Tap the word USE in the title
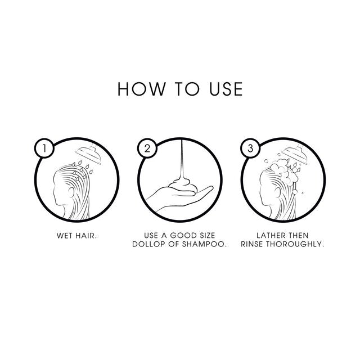pyautogui.click(x=226, y=89)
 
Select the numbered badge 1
pyautogui.click(x=44, y=148)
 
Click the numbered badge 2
pyautogui.click(x=147, y=148)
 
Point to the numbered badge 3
pyautogui.click(x=250, y=148)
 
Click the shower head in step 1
pyautogui.click(x=89, y=154)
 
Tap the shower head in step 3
pyautogui.click(x=295, y=154)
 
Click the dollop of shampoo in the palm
pyautogui.click(x=183, y=186)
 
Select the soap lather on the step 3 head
pyautogui.click(x=284, y=172)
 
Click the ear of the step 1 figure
pyautogui.click(x=71, y=192)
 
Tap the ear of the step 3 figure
pyautogui.click(x=277, y=192)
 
